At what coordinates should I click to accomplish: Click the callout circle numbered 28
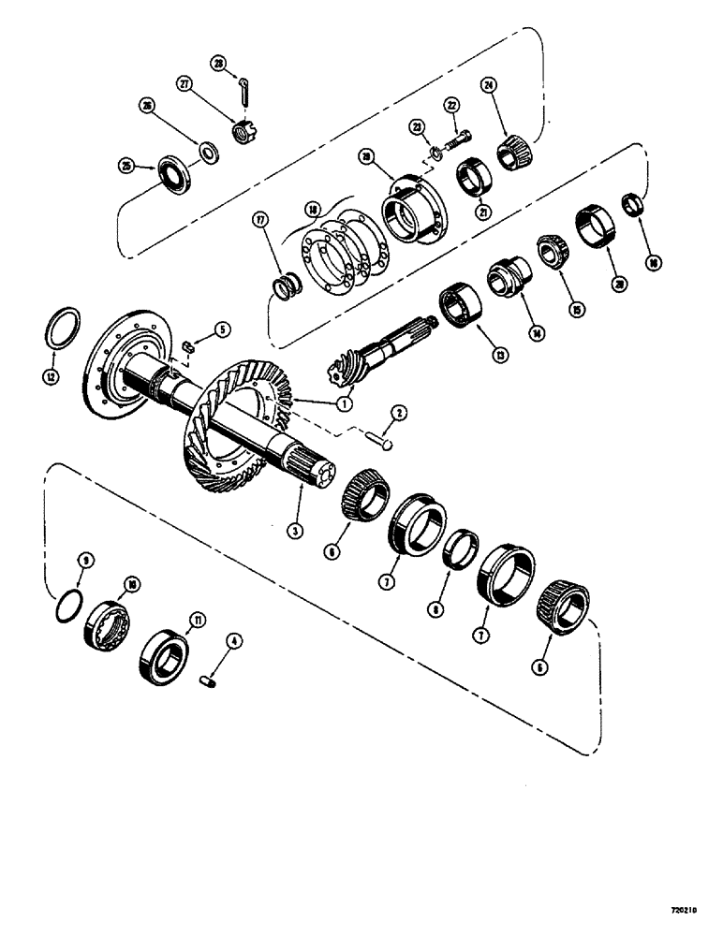point(218,64)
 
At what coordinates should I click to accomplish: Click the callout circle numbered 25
point(125,166)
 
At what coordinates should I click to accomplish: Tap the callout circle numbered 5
point(221,329)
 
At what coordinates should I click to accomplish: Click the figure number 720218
point(690,909)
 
